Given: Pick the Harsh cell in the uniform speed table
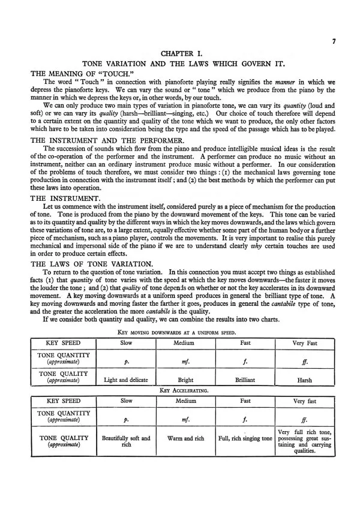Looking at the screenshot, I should tap(304, 380).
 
